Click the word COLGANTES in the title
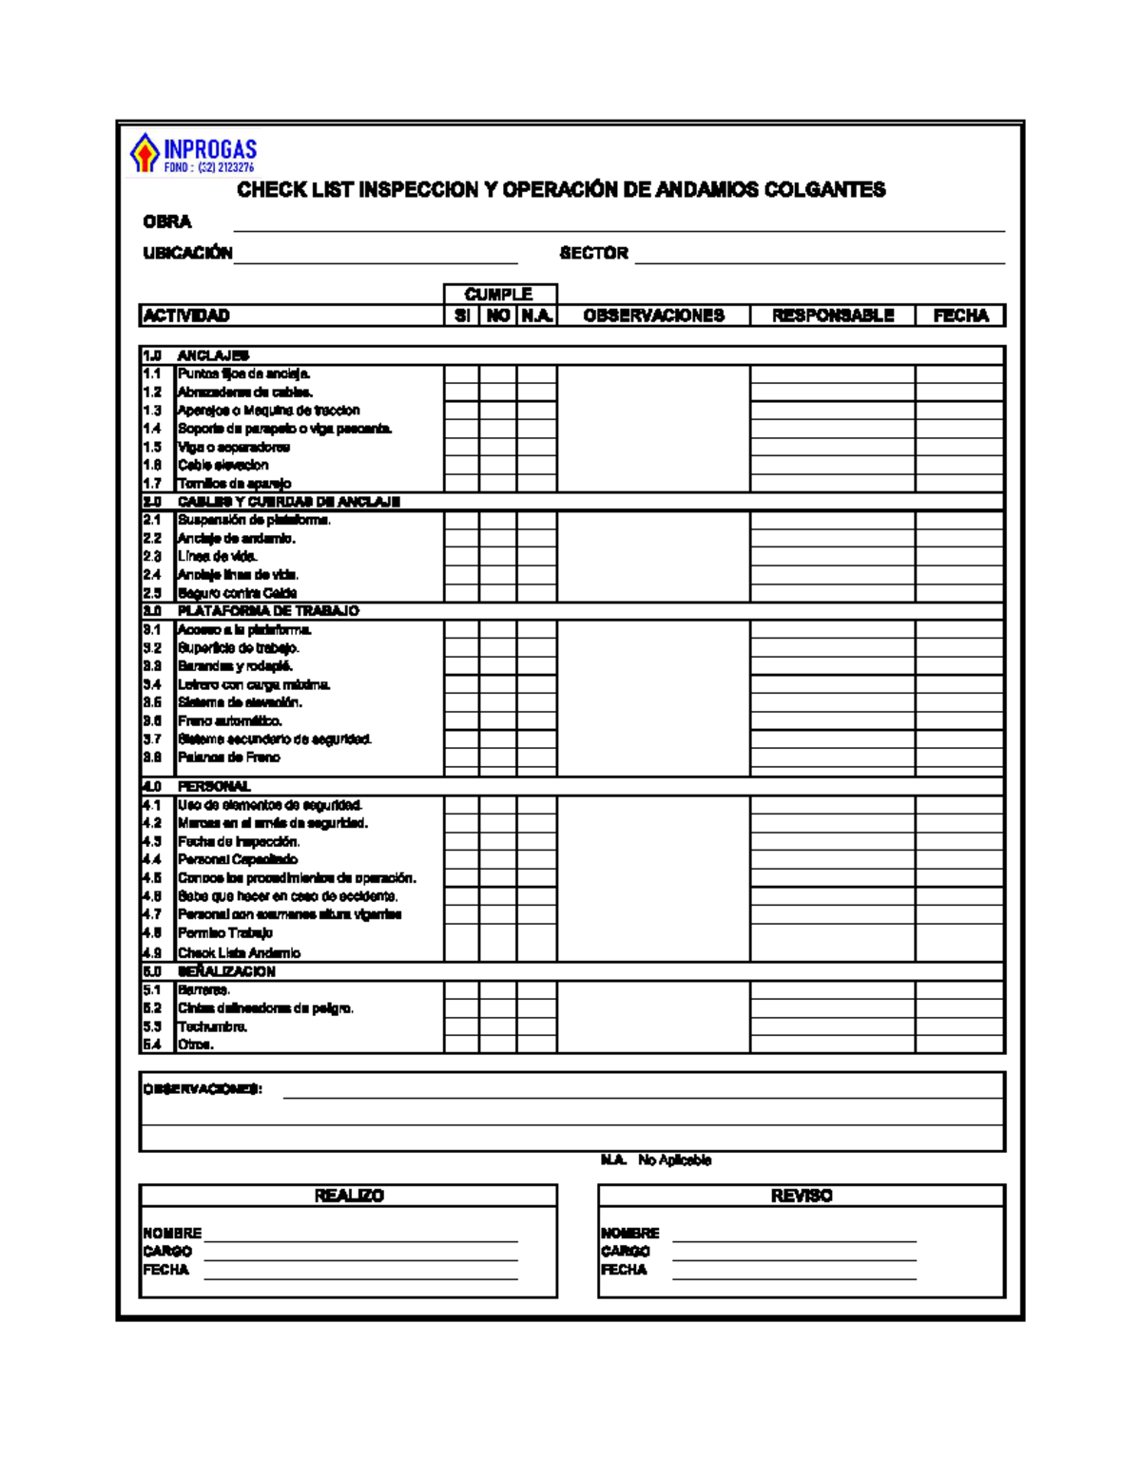[x=824, y=190]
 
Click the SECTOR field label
[x=593, y=253]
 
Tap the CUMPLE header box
[x=499, y=294]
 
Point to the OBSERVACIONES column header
[x=653, y=316]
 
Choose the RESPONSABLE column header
[x=832, y=316]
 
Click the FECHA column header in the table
[x=960, y=316]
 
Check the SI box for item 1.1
[x=461, y=374]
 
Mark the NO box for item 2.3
[x=498, y=556]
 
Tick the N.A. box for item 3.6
[x=537, y=720]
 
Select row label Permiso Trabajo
[x=225, y=932]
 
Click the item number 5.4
[x=152, y=1045]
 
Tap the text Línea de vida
[x=217, y=556]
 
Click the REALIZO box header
[x=348, y=1196]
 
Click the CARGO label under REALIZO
[x=167, y=1251]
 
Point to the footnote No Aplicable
[x=674, y=1160]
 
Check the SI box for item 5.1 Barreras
[x=461, y=989]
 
